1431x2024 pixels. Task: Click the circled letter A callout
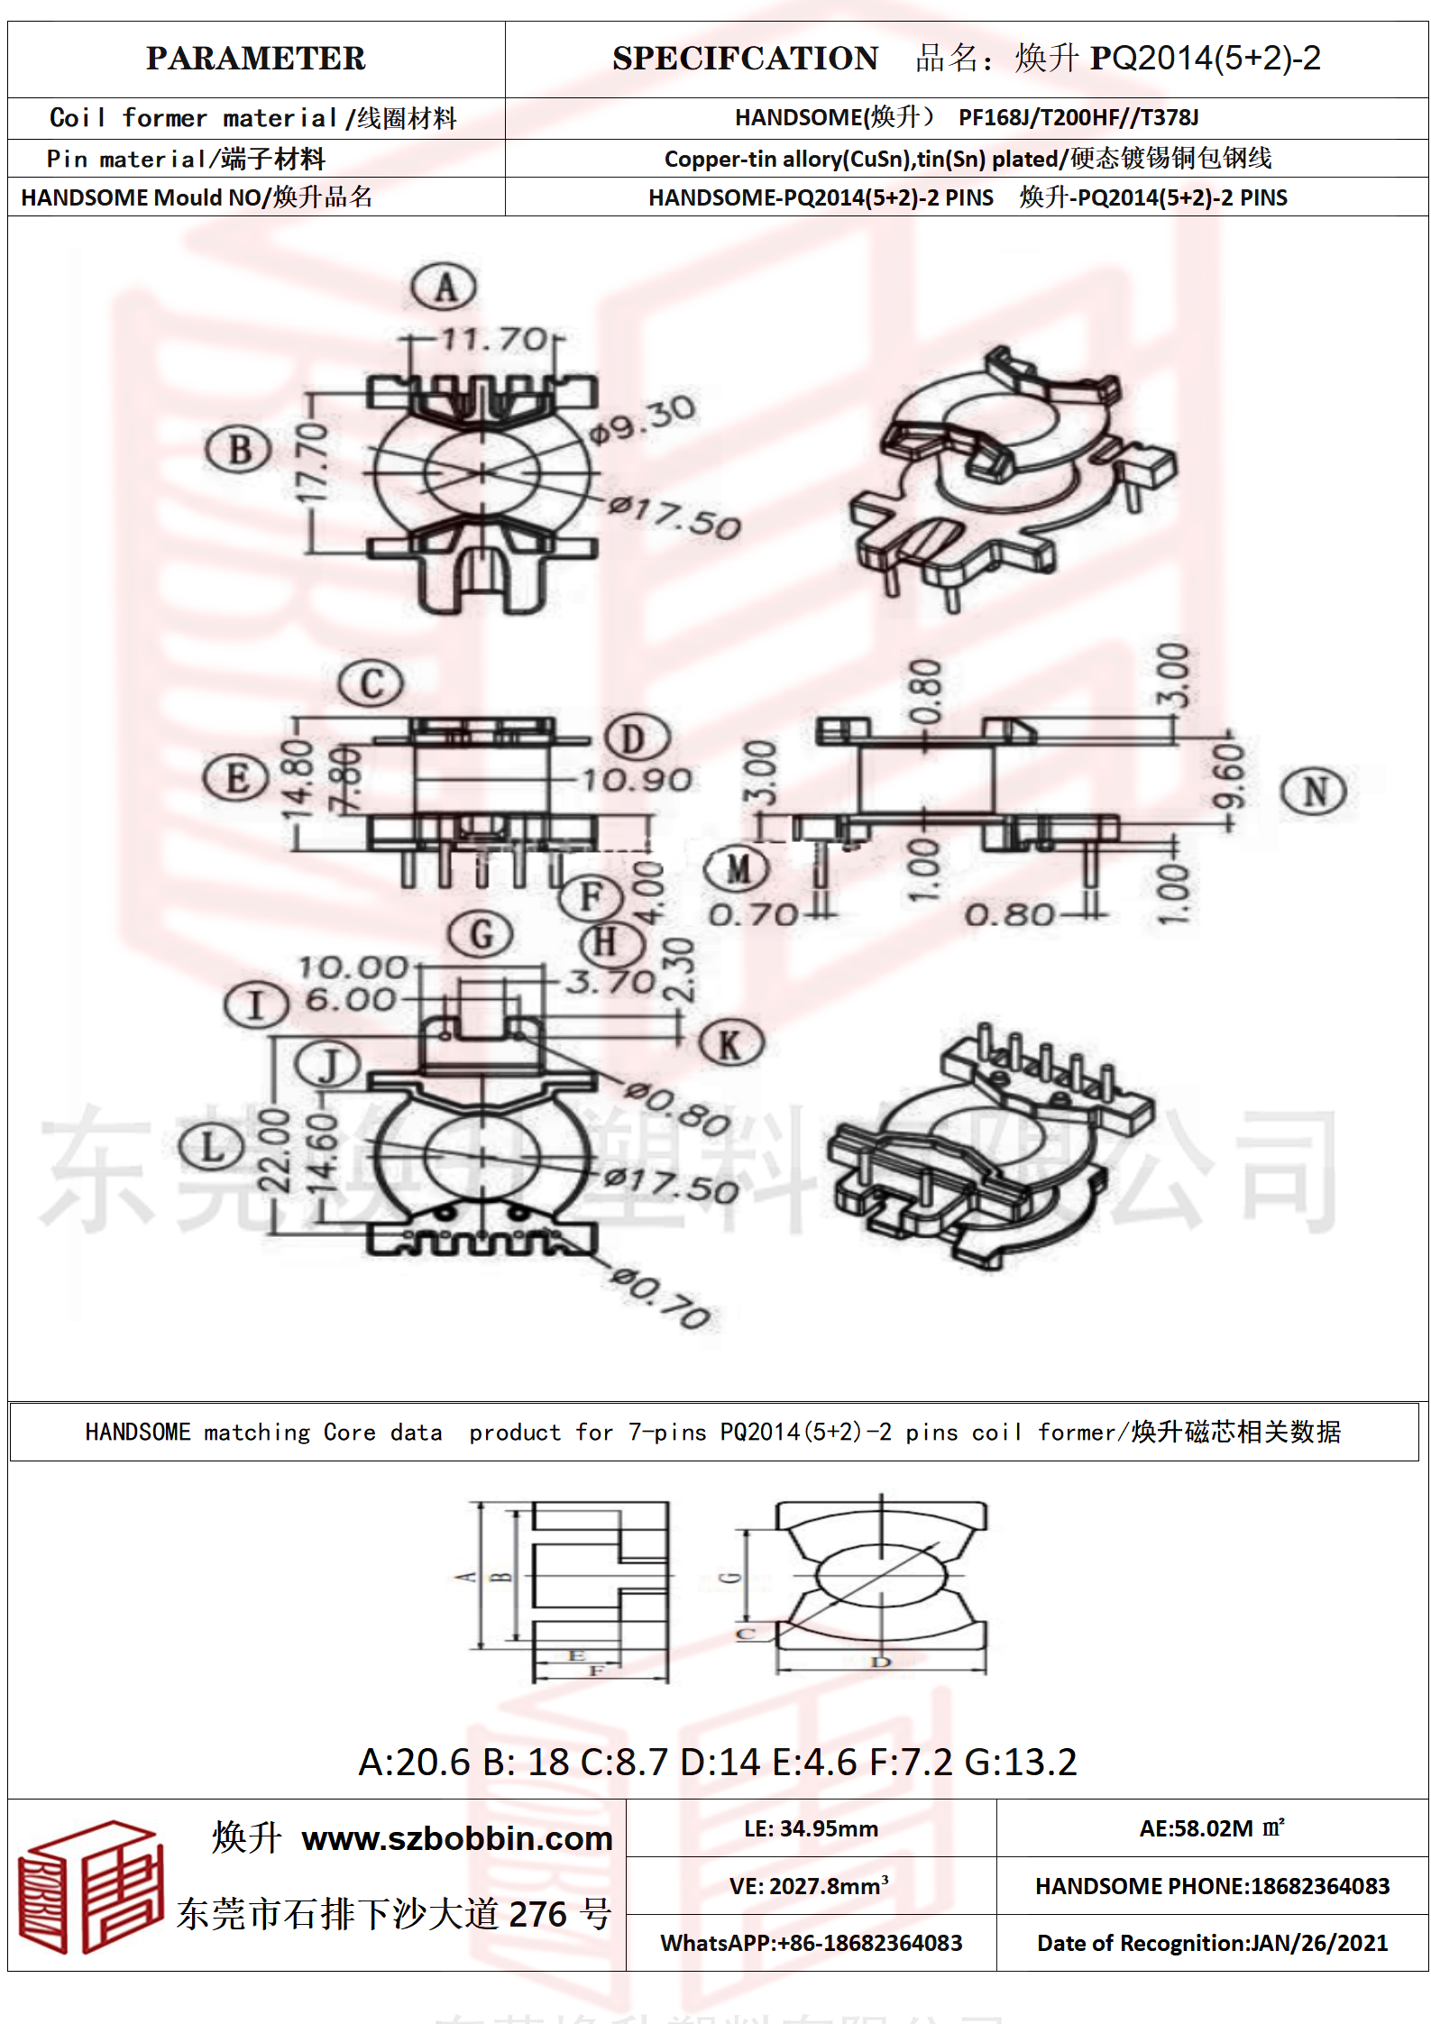click(x=445, y=288)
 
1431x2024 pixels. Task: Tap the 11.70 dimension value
click(x=494, y=340)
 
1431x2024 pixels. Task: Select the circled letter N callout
click(x=1313, y=792)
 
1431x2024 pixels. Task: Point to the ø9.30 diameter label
click(x=642, y=420)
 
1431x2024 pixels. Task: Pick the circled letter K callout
click(x=730, y=1044)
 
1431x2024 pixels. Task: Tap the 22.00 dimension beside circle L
click(x=274, y=1150)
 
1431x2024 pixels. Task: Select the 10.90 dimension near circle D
click(x=637, y=780)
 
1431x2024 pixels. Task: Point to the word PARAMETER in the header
click(x=256, y=59)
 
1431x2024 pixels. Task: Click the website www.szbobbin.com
click(x=457, y=1838)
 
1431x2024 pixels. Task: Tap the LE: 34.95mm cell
click(x=811, y=1828)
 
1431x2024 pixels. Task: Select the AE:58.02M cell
click(x=1211, y=1828)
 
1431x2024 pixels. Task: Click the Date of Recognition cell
click(x=1212, y=1942)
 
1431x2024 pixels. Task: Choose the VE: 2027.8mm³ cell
click(x=810, y=1886)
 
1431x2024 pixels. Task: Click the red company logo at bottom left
click(x=90, y=1887)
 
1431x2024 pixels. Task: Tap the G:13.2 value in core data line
click(x=1021, y=1762)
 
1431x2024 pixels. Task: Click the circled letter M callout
click(x=737, y=869)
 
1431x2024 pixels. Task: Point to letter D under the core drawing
click(x=880, y=1662)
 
